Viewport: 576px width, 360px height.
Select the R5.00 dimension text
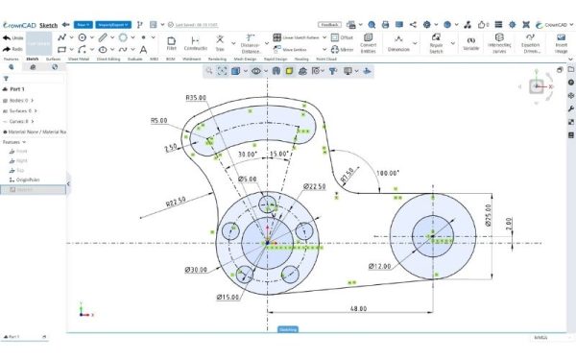point(160,120)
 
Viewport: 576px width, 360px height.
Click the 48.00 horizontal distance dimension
point(358,309)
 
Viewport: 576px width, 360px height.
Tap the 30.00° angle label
point(248,154)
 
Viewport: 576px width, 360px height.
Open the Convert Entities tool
point(369,43)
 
